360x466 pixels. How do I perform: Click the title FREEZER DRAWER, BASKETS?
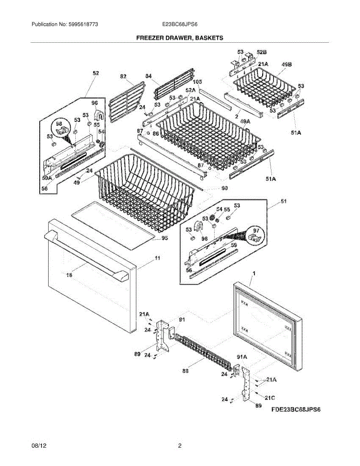(179, 38)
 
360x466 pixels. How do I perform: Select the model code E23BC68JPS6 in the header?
(180, 24)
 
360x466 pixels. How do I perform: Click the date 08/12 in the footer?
(37, 446)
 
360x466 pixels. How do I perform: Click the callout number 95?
(165, 238)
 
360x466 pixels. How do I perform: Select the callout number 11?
(157, 258)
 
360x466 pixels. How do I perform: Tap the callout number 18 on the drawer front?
(70, 275)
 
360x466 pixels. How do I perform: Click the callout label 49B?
(287, 64)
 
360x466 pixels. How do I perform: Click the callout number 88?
(186, 371)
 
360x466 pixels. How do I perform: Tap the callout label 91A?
(242, 356)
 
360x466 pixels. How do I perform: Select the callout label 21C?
(270, 397)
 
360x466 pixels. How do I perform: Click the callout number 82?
(123, 77)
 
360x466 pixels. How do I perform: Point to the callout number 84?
(148, 77)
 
